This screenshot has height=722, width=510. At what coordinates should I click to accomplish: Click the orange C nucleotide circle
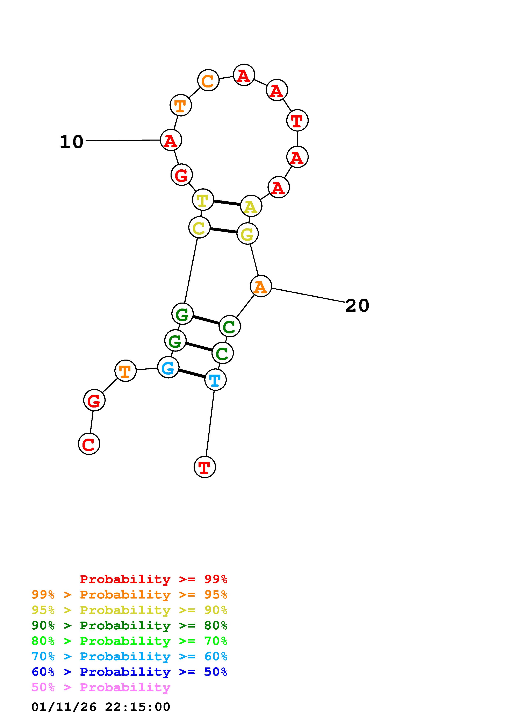click(x=208, y=80)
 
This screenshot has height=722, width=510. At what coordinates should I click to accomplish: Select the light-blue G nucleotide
click(x=168, y=367)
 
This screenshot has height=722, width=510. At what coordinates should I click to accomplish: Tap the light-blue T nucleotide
click(x=215, y=380)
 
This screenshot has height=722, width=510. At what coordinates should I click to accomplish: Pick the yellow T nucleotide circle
click(x=203, y=200)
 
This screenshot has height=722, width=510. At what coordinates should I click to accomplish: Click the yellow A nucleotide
click(x=251, y=206)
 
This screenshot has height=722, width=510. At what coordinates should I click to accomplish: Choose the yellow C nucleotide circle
click(x=199, y=227)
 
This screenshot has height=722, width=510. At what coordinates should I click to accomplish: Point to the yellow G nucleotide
click(x=247, y=234)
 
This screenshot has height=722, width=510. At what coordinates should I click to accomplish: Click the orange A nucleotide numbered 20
click(x=260, y=286)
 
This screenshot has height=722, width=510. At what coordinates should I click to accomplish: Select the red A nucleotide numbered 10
click(x=171, y=140)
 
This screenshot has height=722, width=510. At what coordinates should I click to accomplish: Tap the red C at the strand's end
click(x=89, y=444)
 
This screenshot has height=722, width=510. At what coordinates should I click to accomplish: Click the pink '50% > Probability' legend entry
click(x=101, y=687)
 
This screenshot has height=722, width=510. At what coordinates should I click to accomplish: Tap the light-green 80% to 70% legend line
click(x=129, y=641)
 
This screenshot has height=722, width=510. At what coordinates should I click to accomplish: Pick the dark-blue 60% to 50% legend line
click(x=129, y=672)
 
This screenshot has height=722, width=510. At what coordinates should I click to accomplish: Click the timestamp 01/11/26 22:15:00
click(x=101, y=707)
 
